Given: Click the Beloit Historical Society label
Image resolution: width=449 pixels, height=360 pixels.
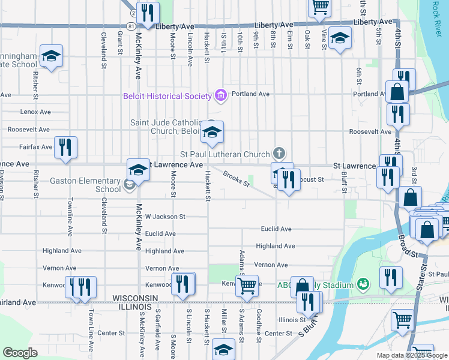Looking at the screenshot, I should (167, 96).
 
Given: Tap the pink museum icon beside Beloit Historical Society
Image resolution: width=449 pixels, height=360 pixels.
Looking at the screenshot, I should (220, 95).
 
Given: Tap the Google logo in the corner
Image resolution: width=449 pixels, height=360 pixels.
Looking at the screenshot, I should (20, 352).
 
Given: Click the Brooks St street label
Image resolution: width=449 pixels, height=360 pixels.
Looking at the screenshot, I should (236, 179).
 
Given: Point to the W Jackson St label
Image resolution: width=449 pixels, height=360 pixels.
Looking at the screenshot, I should (165, 216).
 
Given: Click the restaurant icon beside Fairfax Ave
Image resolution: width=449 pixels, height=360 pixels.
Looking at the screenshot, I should (65, 147).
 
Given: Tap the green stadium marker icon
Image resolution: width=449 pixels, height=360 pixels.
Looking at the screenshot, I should (362, 283).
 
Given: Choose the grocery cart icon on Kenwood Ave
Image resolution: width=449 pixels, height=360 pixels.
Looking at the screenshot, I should (246, 286).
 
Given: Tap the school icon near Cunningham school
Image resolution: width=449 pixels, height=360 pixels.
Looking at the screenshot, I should (52, 56).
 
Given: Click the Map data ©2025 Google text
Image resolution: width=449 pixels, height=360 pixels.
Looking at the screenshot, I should (411, 355).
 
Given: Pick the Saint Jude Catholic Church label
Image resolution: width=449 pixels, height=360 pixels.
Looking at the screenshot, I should (165, 127).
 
